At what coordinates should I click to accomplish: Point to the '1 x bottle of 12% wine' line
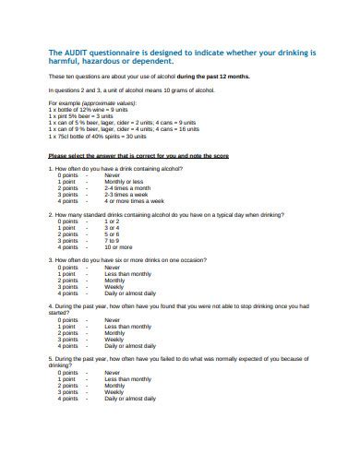(x=88, y=108)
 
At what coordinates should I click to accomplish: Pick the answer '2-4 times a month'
(x=126, y=188)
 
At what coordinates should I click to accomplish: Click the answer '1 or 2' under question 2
(x=112, y=221)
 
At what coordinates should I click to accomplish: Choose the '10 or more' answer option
(x=118, y=247)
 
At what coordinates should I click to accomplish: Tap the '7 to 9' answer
(x=112, y=241)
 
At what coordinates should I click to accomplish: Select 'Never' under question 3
(x=113, y=268)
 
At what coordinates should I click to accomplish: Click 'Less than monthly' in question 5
(x=126, y=378)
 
